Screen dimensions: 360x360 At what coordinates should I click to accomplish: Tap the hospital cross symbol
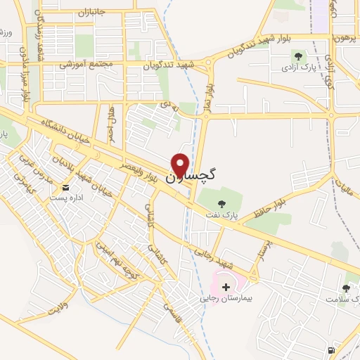click(226, 286)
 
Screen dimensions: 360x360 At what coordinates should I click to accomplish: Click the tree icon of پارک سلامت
click(346, 288)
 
